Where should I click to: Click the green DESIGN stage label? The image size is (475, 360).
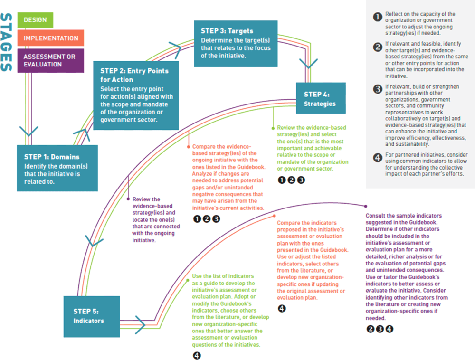[x=35, y=20]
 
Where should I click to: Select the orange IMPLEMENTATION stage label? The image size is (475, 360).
[x=51, y=38]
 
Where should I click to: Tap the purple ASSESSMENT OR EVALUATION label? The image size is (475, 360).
[x=50, y=60]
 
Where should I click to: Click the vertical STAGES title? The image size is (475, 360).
[x=7, y=42]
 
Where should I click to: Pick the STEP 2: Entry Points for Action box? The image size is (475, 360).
[x=136, y=95]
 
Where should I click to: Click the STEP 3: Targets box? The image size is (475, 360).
[x=236, y=44]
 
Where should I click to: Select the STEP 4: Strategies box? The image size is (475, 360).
[x=321, y=98]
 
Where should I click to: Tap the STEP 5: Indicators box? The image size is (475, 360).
[x=91, y=316]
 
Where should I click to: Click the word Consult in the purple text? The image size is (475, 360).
[x=376, y=216]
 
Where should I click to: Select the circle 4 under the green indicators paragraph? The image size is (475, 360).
[x=197, y=355]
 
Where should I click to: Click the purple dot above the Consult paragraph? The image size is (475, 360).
[x=365, y=206]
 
